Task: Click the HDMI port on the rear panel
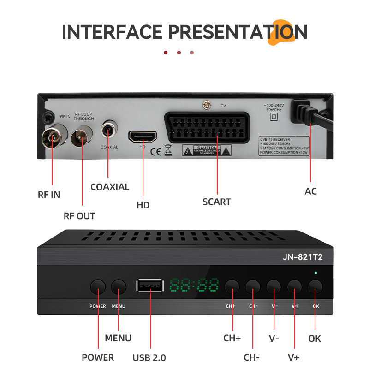tap(143, 137)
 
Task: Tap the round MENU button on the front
tap(119, 287)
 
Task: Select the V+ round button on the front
tap(294, 287)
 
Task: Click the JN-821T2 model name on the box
tap(303, 258)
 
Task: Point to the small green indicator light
tap(316, 273)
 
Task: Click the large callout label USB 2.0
tap(149, 357)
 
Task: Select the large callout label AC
tap(311, 191)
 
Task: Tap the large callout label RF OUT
tap(79, 216)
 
